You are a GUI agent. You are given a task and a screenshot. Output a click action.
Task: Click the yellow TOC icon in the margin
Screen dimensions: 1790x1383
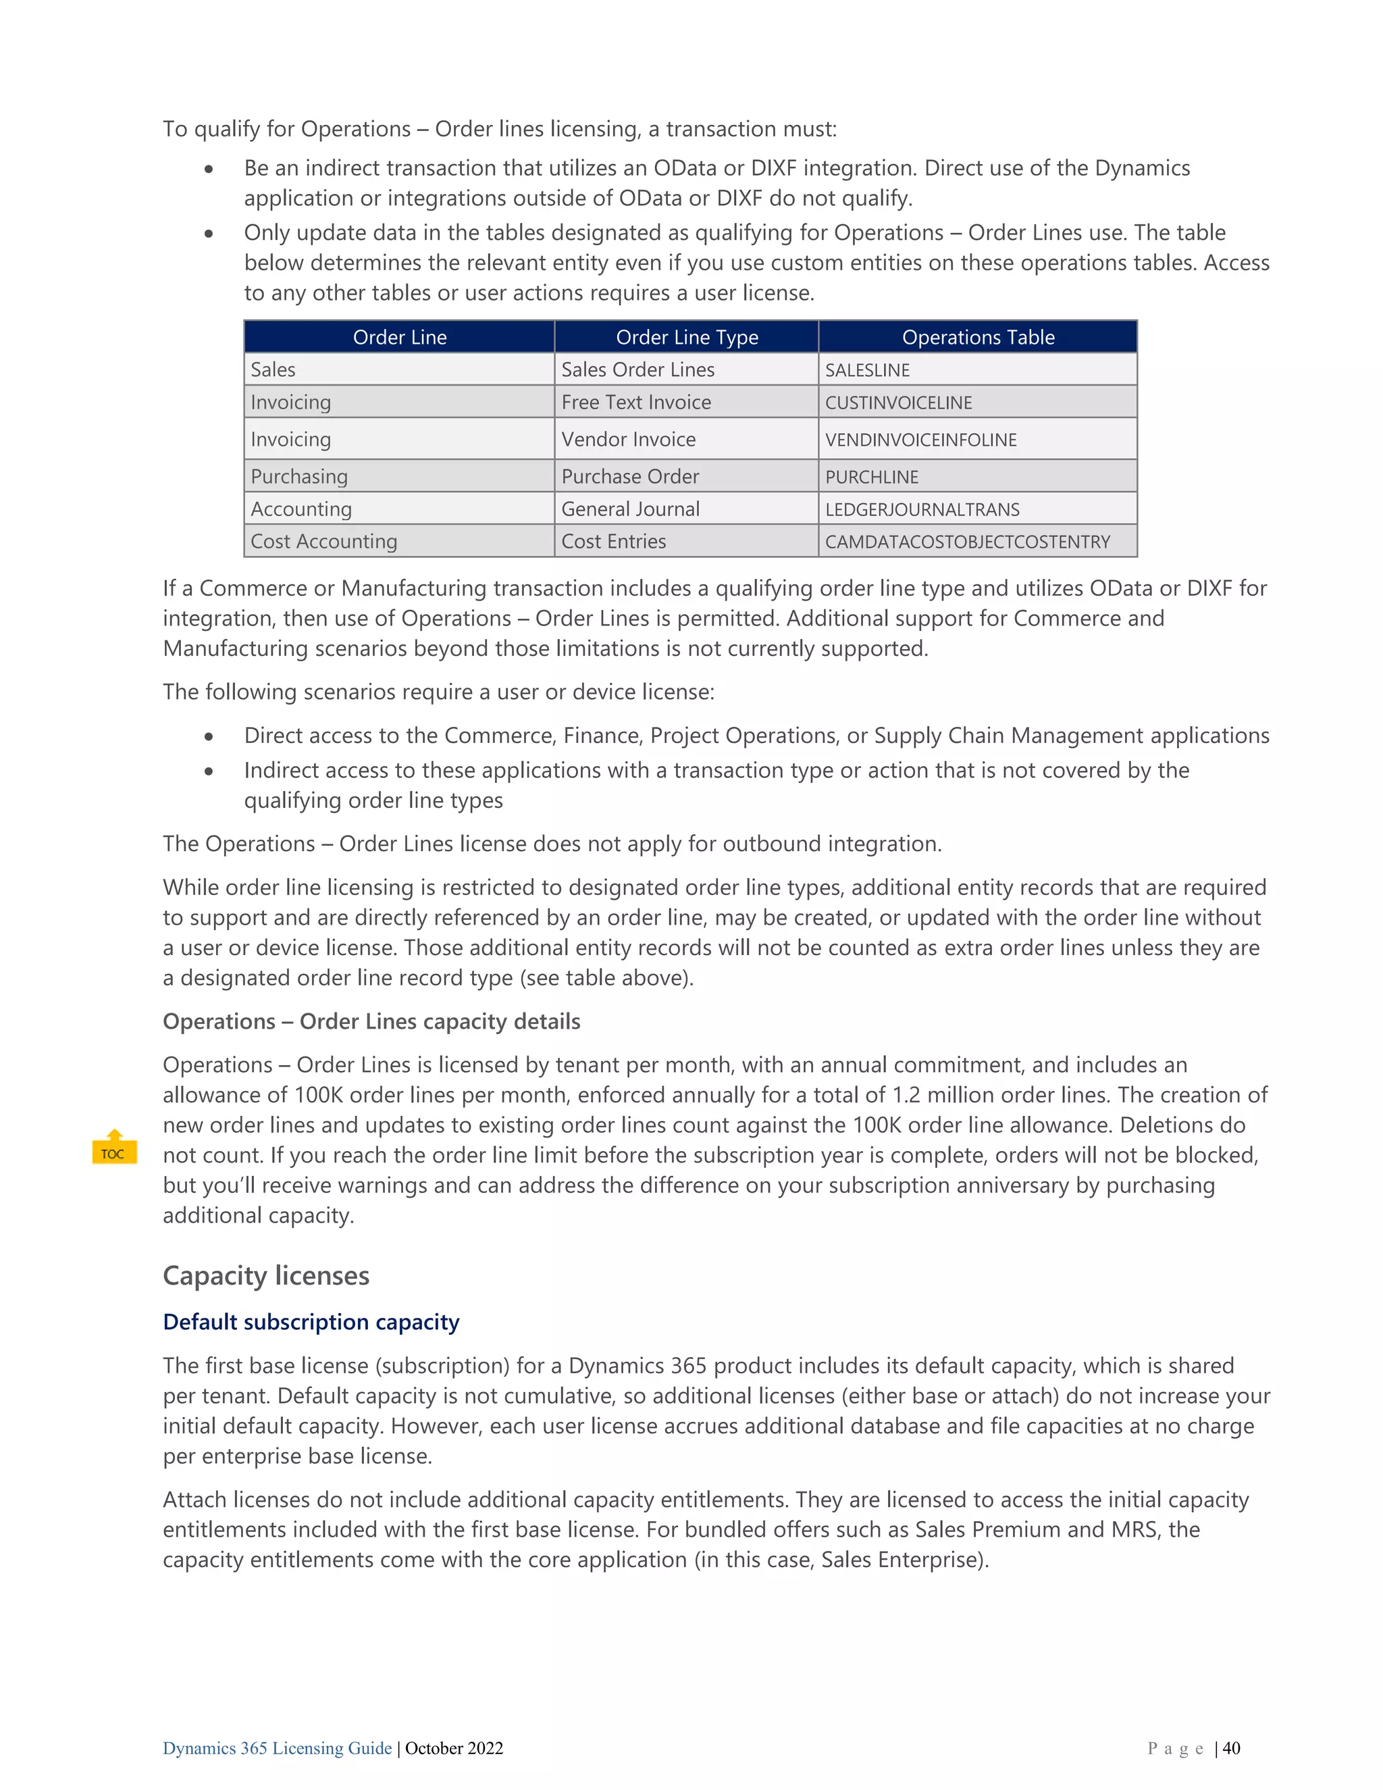pos(114,1148)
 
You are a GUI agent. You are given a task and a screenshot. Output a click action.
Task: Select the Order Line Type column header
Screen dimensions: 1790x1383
pos(687,337)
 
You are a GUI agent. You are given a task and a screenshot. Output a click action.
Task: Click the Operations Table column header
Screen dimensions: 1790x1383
pos(977,337)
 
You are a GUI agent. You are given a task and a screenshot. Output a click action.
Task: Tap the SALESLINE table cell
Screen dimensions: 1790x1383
pos(867,369)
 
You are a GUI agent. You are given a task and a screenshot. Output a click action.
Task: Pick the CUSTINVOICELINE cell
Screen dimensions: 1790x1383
pos(898,403)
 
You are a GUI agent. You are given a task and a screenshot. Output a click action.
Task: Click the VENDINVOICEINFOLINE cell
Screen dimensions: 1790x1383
pos(920,439)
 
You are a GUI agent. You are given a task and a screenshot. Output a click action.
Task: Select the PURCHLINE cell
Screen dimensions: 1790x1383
pos(871,476)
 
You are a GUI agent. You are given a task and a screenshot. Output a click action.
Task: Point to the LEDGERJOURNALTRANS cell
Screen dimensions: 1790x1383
pos(922,509)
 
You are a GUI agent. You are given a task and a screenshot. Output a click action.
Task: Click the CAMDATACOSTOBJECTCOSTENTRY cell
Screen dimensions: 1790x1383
pos(967,542)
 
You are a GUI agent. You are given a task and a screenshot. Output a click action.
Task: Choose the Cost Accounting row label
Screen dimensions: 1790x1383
pos(323,542)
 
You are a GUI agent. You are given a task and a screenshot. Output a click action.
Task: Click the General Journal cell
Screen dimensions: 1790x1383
pos(630,509)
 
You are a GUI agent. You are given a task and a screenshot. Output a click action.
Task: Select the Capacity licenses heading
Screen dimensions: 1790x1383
pos(265,1275)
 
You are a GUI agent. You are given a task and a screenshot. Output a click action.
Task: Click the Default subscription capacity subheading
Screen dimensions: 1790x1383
pos(311,1321)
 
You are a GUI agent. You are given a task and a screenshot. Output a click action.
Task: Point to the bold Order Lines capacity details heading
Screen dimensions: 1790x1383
pos(371,1021)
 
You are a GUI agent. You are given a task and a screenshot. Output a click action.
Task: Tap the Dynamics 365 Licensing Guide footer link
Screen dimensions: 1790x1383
pos(277,1748)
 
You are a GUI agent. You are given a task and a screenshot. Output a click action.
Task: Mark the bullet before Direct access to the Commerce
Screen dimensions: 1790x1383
pos(209,736)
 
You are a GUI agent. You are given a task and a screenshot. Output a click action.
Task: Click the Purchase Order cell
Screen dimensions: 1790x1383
pos(629,476)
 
